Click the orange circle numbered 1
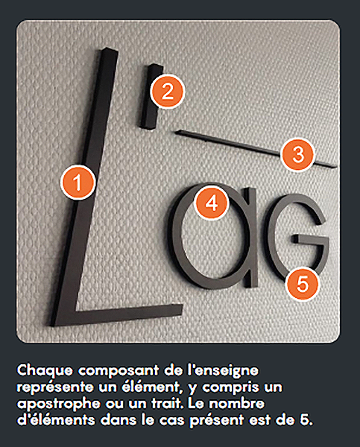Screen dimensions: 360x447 [78, 183]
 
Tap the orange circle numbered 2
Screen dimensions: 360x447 [168, 92]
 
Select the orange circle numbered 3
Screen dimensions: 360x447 [298, 154]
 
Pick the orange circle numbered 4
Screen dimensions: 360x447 [212, 203]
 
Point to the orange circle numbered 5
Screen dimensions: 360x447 [303, 285]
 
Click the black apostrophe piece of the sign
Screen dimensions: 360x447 [151, 96]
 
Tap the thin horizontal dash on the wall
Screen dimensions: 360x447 [256, 148]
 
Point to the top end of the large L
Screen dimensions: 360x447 [110, 51]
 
